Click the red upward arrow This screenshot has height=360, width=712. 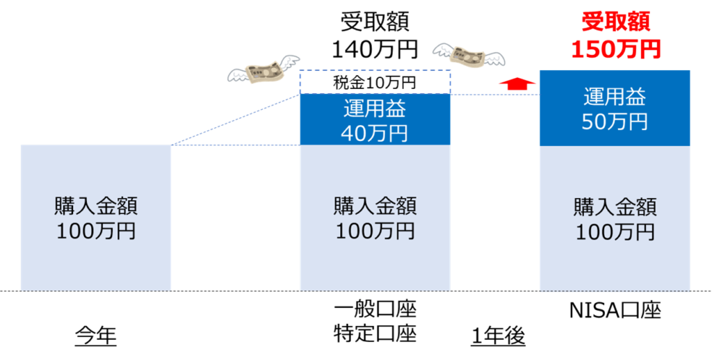tap(518, 83)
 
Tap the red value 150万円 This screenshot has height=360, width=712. tap(615, 49)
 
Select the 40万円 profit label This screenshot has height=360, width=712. tap(375, 133)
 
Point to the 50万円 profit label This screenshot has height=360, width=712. tap(615, 121)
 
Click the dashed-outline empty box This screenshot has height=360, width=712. tap(375, 81)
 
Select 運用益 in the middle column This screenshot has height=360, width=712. tap(375, 110)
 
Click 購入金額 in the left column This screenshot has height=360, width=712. tap(96, 207)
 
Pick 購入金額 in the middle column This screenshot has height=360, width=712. tap(375, 207)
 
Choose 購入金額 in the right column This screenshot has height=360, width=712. tap(615, 207)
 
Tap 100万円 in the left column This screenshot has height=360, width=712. tap(96, 231)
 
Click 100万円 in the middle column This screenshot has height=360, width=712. tap(375, 231)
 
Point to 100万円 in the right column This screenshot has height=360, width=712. tap(615, 231)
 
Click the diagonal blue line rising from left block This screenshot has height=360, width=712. tap(236, 120)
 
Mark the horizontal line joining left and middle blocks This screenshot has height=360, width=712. tap(236, 145)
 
